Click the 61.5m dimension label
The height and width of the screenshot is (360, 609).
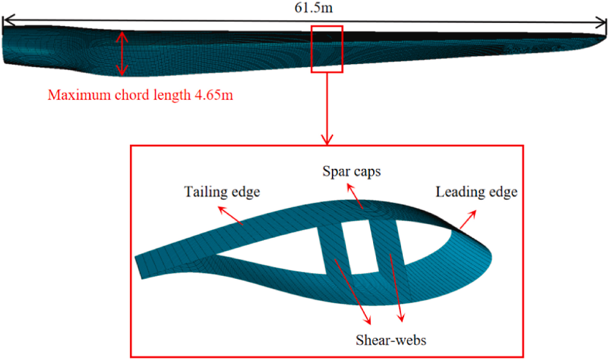pos(313,7)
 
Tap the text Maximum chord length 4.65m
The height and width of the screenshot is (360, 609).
pos(140,95)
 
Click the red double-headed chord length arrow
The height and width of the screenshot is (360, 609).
pos(122,53)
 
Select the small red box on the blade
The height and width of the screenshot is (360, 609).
pos(327,50)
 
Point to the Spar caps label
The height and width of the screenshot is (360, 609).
pos(351,171)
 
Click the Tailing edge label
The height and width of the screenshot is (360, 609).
pos(222,192)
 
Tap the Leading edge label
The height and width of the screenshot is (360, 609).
pos(476,192)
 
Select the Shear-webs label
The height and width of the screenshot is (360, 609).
pos(391,340)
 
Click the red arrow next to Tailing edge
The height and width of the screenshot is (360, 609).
pos(230,216)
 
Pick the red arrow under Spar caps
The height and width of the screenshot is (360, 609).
pos(355,196)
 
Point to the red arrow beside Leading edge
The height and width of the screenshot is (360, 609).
pos(468,220)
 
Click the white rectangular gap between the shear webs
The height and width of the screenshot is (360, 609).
pos(360,247)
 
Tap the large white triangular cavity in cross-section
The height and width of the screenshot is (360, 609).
pos(272,250)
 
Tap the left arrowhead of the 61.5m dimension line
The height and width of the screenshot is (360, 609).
pos(8,20)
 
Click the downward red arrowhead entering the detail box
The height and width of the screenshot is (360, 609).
pos(327,140)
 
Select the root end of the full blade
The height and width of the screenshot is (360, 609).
pos(5,45)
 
